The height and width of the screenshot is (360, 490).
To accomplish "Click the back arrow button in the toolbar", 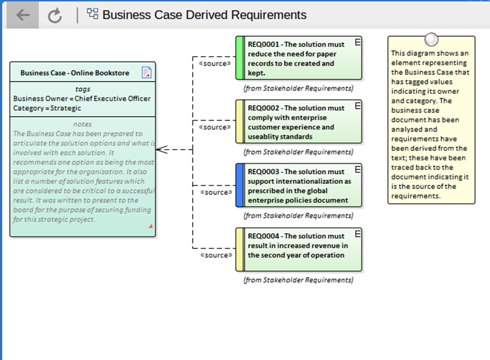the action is pos(23,15).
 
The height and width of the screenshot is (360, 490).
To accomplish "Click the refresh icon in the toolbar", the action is pos(55,15).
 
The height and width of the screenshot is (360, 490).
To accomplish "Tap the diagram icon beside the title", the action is pos(92,14).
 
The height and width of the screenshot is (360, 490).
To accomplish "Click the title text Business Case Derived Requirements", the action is pos(204,15).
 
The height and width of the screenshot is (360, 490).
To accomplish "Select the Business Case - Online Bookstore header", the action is pos(75,73).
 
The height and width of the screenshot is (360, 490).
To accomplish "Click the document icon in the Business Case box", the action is pos(147,72).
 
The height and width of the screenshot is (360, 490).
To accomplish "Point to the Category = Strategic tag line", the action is pos(47,108).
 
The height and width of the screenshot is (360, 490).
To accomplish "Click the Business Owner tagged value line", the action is pos(82,99).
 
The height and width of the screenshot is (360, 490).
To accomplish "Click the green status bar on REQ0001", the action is pos(240,58).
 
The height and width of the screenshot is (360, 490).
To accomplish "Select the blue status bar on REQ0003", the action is pos(240,185).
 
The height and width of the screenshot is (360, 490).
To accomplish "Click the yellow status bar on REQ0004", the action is pos(240,249).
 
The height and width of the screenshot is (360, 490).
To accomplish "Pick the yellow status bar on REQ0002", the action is pos(240,122).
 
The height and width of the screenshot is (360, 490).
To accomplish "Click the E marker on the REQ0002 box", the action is pos(358,106).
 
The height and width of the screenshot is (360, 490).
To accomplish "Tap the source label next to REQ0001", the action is pos(215,63).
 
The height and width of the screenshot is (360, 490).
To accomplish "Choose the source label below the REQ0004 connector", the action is pos(216,255).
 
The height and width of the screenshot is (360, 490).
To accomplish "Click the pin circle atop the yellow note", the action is pos(431,40).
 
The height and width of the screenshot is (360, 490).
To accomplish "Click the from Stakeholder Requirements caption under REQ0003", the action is pos(299,215).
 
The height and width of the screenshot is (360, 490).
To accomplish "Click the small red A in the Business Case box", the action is pos(151,226).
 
